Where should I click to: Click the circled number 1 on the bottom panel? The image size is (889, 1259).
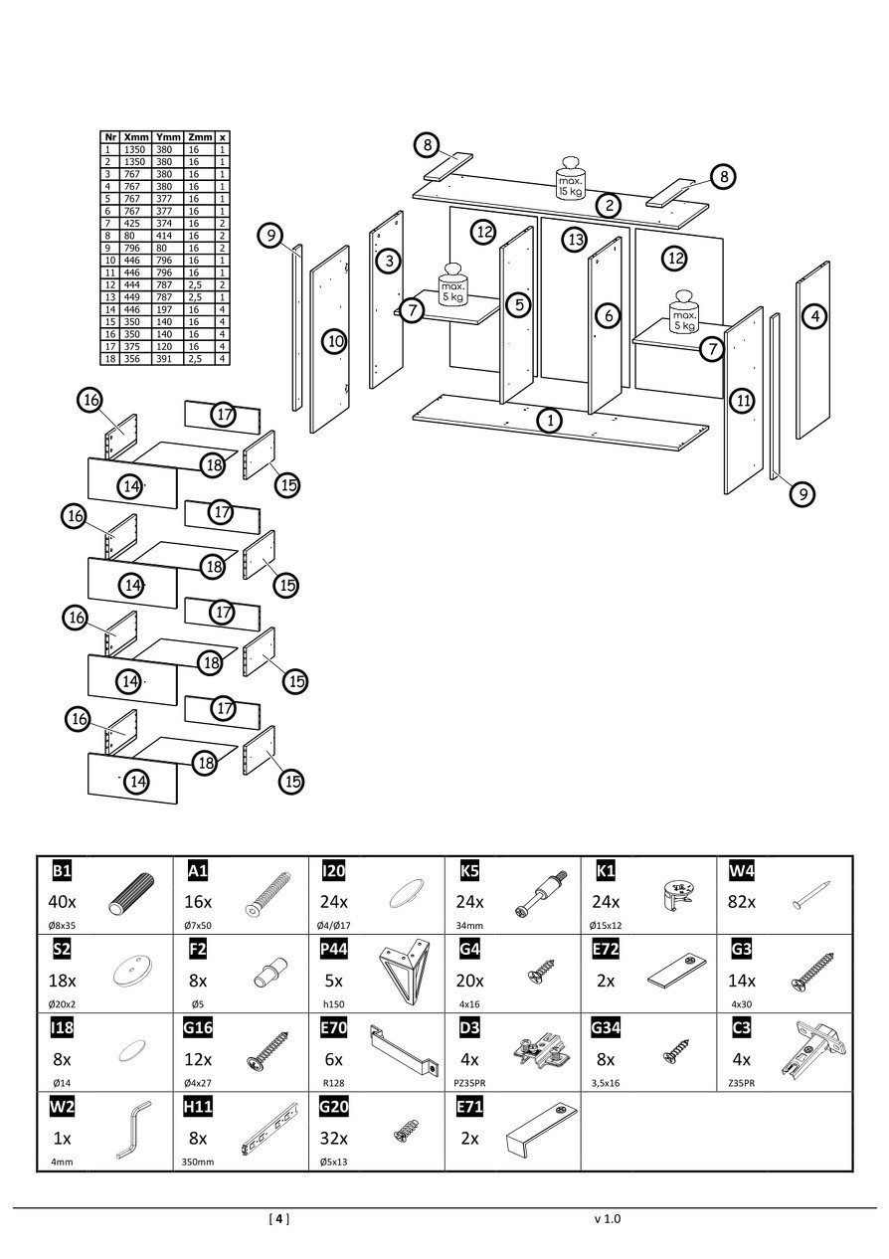[x=549, y=420]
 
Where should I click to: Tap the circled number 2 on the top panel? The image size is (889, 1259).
[x=609, y=205]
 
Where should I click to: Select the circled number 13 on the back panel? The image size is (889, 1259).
[x=574, y=239]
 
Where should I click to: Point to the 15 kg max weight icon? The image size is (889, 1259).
[x=570, y=178]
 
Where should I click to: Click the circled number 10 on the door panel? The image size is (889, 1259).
[x=335, y=341]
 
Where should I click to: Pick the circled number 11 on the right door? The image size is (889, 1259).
[x=742, y=401]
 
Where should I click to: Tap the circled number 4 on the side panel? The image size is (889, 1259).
[x=814, y=316]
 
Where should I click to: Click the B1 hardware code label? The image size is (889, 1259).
[x=62, y=871]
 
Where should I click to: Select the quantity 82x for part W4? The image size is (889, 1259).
[x=742, y=902]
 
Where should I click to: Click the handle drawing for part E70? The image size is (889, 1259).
[x=405, y=1049]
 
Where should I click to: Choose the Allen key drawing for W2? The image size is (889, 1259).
[x=130, y=1130]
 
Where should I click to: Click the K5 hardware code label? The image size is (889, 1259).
[x=470, y=871]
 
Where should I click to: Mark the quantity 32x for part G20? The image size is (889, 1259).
[x=334, y=1138]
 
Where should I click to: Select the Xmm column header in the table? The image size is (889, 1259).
[x=137, y=137]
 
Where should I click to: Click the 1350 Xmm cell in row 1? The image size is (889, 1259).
[x=135, y=149]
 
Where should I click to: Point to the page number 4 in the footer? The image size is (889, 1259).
[x=279, y=1218]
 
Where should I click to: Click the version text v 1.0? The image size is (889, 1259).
[x=607, y=1218]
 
